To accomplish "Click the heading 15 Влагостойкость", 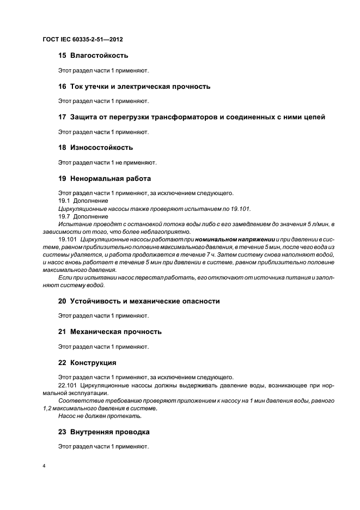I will (x=93, y=55).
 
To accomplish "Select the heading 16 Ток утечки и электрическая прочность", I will (x=134, y=86).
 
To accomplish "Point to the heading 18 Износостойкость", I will (x=95, y=147).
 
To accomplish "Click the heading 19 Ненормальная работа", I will (x=105, y=178).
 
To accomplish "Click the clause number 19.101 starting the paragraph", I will (x=68, y=239).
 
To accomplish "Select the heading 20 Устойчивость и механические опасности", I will (x=139, y=301).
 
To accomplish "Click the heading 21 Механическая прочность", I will (x=109, y=331).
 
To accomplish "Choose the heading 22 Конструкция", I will (x=87, y=362).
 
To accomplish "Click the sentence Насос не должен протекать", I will (x=100, y=416).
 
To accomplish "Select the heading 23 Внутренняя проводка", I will (x=103, y=432).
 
